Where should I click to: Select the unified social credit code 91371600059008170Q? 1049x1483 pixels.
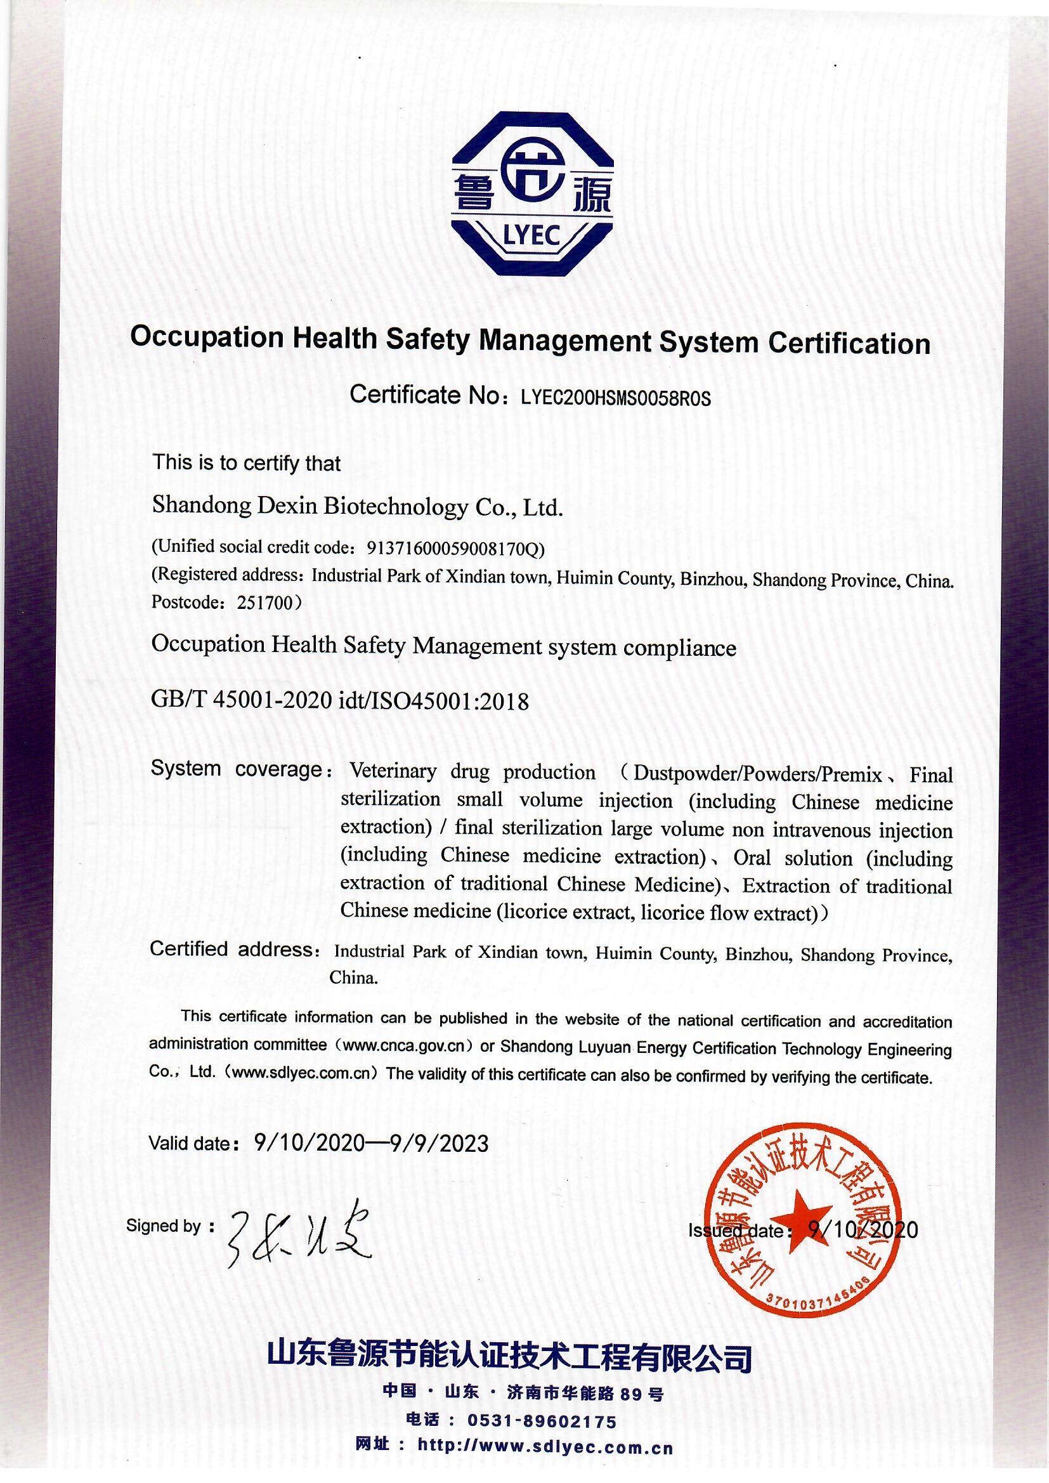point(452,549)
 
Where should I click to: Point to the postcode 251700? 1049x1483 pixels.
point(266,603)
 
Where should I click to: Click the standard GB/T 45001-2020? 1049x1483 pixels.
point(242,700)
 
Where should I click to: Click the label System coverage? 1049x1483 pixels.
point(237,769)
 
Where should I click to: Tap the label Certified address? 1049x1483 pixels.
point(233,950)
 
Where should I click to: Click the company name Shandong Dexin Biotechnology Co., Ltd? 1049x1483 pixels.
point(357,507)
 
